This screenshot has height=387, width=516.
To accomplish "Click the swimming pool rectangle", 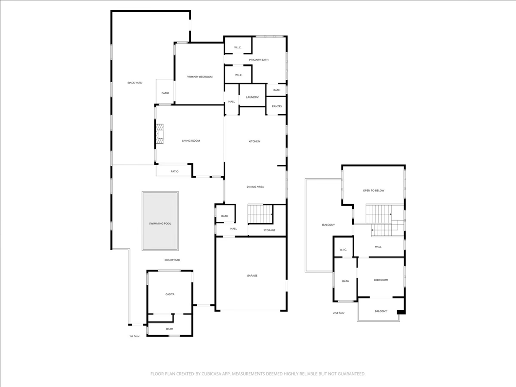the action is coord(160,221).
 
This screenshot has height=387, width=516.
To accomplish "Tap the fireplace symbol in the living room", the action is coord(160,134).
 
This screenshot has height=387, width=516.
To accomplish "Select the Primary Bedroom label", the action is coord(200,77).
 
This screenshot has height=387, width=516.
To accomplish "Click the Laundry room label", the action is coord(252,97).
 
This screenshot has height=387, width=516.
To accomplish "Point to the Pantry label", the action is coord(277,107).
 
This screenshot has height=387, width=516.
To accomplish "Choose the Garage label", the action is coord(252,276).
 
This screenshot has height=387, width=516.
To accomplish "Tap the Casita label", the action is coord(170,294).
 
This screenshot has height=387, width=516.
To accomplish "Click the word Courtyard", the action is coord(172,260).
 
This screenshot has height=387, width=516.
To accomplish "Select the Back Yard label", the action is coord(135,83).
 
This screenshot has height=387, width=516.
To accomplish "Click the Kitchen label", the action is coord(254,141).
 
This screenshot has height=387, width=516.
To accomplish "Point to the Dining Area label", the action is coord(255,187).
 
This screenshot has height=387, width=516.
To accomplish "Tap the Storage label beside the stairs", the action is coord(269,230).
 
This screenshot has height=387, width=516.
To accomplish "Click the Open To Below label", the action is coord(373,191).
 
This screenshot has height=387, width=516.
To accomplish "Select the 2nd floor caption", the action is coord(339,313).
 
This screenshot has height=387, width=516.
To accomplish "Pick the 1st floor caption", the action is coord(134,336).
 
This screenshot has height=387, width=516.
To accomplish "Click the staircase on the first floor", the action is coord(261,214).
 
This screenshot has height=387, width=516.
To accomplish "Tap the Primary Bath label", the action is coord(259,60).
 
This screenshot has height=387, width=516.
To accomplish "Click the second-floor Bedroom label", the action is coord(380,280).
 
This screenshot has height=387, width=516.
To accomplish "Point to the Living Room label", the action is coord(191,141).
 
